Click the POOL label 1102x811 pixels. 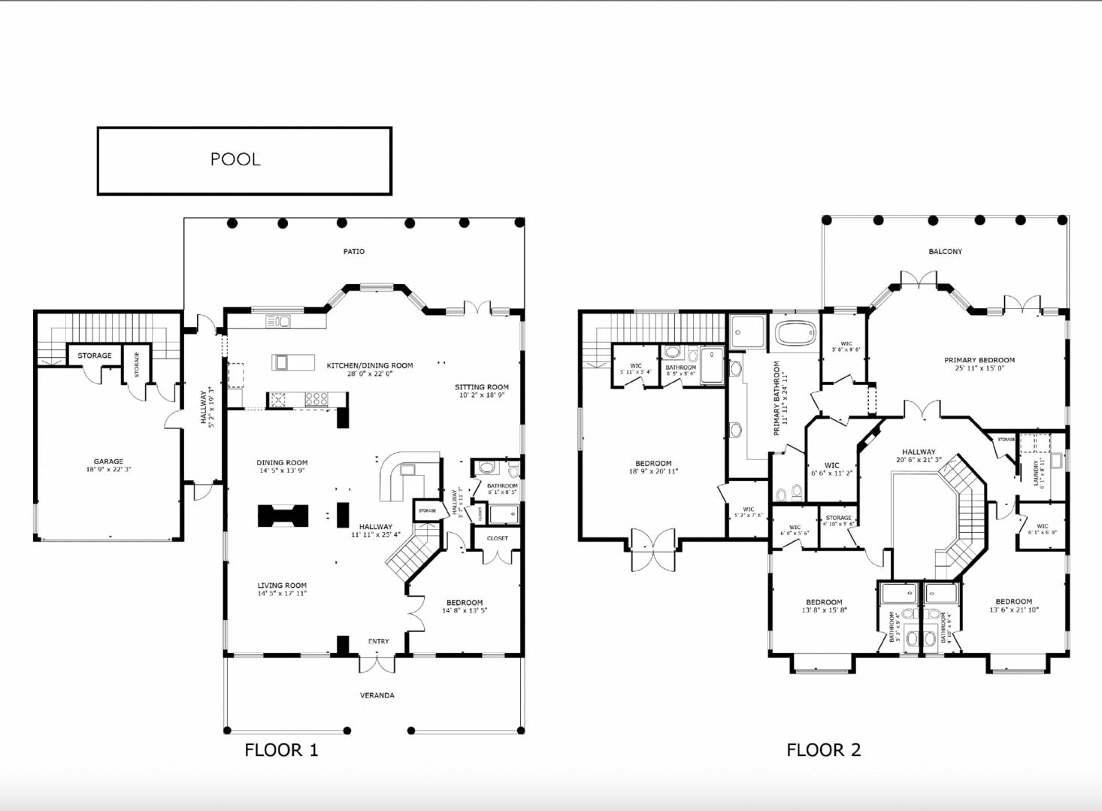pos(235,159)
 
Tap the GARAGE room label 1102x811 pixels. pos(108,461)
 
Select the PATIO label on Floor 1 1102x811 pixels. pos(353,251)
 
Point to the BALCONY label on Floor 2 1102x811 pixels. pos(945,251)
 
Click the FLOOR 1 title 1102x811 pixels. pos(281,749)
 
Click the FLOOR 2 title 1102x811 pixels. pos(823,749)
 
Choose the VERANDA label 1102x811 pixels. pos(377,695)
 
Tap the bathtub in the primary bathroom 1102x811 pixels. pos(795,332)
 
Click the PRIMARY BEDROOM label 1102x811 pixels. pos(979,360)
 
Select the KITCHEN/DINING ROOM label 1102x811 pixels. pos(369,365)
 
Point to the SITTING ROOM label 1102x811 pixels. pos(481,387)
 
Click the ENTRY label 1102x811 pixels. pos(378,641)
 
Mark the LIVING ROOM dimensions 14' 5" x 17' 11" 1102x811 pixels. pos(282,594)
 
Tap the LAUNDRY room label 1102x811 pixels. pos(1037,474)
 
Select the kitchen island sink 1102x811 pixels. pos(282,363)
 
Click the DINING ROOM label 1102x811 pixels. pos(282,462)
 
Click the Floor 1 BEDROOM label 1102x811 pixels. pos(464,602)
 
